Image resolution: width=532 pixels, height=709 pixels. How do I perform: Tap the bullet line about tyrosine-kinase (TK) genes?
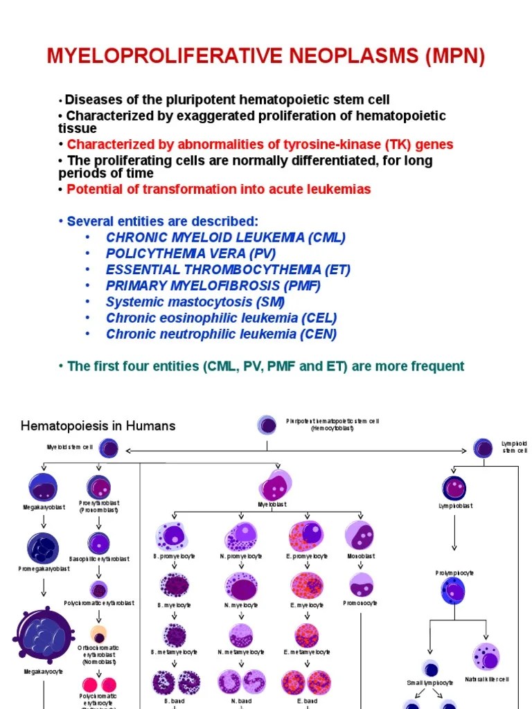pos(260,145)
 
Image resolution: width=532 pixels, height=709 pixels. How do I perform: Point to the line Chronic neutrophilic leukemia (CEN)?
pos(221,334)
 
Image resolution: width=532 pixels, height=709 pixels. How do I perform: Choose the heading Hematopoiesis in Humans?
pos(98,426)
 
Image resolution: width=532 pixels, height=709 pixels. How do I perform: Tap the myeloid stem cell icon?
pos(108,448)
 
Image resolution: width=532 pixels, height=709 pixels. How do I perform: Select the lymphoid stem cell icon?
pos(484,448)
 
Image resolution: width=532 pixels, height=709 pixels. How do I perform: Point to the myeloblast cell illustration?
pos(276,485)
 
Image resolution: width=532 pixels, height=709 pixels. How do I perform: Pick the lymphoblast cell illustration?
pos(455,488)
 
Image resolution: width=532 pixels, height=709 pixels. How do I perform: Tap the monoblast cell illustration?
pos(360,536)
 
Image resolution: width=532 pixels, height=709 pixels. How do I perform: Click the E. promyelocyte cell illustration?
pos(306,536)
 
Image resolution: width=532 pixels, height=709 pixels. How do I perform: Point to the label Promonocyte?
pos(360,603)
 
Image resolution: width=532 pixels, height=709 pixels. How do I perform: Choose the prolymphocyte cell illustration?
pos(454,592)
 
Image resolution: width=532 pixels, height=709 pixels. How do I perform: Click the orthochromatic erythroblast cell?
pos(99,634)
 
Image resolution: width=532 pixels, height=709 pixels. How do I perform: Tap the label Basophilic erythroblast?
pos(98,558)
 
